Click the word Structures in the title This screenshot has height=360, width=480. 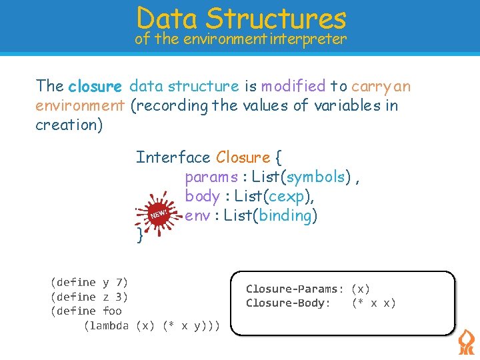click(276, 18)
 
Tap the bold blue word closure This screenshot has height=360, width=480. click(95, 86)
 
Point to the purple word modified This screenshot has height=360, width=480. click(293, 86)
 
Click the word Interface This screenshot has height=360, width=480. click(173, 157)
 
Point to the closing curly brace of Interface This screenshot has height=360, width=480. click(139, 235)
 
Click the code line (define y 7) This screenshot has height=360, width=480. click(89, 283)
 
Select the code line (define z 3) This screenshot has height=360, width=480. click(89, 297)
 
